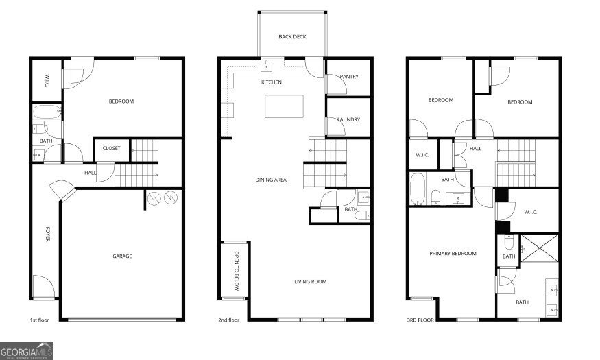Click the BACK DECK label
pos(292,37)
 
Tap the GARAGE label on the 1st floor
pos(122,256)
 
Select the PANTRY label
pos(349,77)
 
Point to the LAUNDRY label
pos(348,120)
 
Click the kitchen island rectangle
pos(285,106)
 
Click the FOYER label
pos(48,239)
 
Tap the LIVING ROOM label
pos(311,281)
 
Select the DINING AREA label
pos(270,180)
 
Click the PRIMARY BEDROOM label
pos(453,254)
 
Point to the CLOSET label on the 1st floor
pos(111,148)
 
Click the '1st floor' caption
pos(40,320)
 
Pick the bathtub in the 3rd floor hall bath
pos(418,189)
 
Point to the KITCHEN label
pos(272,82)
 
